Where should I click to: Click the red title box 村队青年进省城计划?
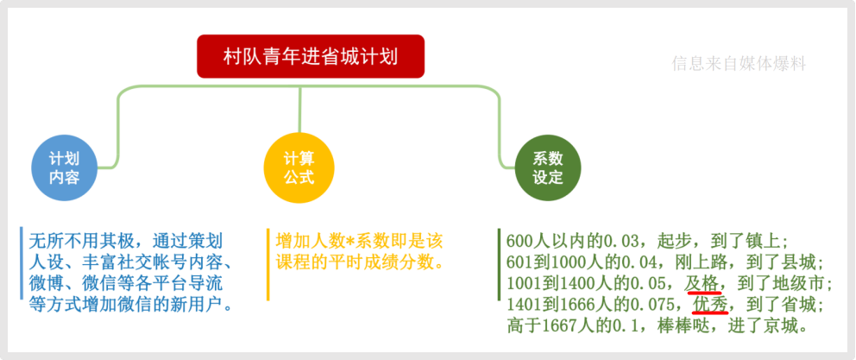pyautogui.click(x=311, y=56)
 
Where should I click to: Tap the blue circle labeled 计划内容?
pyautogui.click(x=65, y=168)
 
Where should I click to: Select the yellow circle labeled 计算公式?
pyautogui.click(x=299, y=168)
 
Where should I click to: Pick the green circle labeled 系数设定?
pyautogui.click(x=548, y=168)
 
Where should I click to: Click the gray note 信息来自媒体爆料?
pyautogui.click(x=739, y=64)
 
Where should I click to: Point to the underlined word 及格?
pyautogui.click(x=702, y=285)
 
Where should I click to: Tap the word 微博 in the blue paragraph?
pyautogui.click(x=47, y=284)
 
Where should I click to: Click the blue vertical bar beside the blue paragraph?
pyautogui.click(x=21, y=263)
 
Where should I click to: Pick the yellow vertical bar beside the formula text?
pyautogui.click(x=268, y=265)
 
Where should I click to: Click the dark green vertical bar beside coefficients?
pyautogui.click(x=499, y=265)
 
